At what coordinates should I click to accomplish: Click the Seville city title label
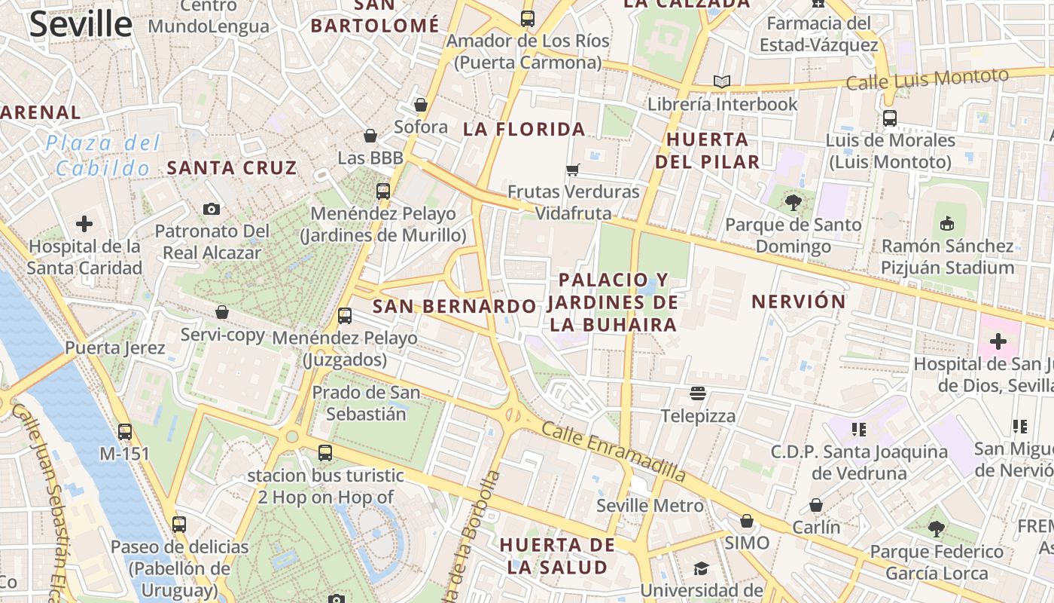click(81, 24)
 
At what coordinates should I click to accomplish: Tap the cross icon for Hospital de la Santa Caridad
click(84, 224)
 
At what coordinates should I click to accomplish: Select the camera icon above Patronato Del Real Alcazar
click(212, 209)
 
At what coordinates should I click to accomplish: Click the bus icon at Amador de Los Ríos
click(528, 19)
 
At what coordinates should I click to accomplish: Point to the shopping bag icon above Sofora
click(421, 105)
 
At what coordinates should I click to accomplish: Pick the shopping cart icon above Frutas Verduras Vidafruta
click(573, 170)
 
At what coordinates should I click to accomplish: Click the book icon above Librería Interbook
click(722, 81)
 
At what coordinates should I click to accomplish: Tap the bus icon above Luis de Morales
click(890, 118)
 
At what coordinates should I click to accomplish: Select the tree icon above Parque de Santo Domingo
click(793, 202)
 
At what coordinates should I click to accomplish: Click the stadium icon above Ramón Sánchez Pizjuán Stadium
click(947, 223)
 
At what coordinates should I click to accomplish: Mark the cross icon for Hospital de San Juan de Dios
click(998, 341)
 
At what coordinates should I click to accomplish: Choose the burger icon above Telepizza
click(698, 393)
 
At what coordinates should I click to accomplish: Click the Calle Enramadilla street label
click(614, 451)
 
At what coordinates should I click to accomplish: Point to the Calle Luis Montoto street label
click(927, 78)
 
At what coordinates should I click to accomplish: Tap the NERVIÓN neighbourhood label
click(799, 301)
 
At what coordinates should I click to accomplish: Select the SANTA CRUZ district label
click(232, 167)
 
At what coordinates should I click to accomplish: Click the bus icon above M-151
click(125, 432)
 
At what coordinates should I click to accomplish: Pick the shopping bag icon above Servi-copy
click(222, 312)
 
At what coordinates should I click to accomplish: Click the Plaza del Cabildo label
click(103, 155)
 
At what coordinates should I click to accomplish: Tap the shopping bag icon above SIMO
click(747, 521)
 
